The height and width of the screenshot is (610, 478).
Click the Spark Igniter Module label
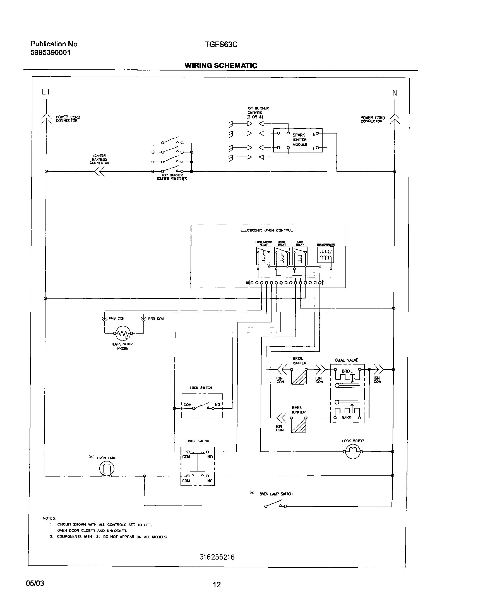(300, 140)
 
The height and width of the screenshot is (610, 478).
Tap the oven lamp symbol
(107, 469)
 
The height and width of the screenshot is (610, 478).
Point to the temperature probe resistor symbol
(123, 333)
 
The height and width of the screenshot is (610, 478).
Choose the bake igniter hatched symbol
(299, 425)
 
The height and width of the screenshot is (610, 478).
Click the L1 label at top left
(46, 92)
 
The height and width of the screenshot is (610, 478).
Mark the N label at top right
(395, 93)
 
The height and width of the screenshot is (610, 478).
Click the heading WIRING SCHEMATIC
(221, 66)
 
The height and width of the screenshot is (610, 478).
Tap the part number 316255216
(217, 557)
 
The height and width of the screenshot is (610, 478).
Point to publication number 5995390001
(51, 53)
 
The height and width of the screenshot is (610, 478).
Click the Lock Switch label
(201, 388)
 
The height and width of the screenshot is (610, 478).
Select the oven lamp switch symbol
(276, 504)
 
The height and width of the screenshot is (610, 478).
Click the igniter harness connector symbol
(100, 171)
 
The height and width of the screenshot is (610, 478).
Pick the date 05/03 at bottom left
(35, 583)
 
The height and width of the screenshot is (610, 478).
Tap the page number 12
(217, 584)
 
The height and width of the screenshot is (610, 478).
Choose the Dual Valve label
(347, 360)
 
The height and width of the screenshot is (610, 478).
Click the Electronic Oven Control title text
(266, 230)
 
